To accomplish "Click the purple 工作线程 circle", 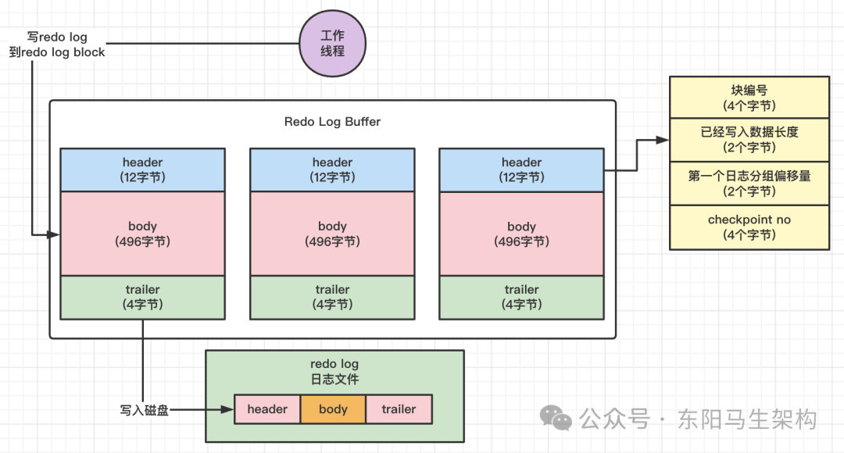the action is pos(333,44).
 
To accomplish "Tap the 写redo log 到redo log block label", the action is pos(57,45).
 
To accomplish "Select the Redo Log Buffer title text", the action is pos(332,122).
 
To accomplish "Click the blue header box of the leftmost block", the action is pos(143,170).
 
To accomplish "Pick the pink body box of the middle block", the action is pos(332,234).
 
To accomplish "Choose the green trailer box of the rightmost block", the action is pos(521,298).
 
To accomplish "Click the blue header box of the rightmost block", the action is pos(521,170).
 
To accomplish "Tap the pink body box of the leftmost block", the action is pos(143,234).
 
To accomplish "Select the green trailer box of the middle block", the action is pos(332,298).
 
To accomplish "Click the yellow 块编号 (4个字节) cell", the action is pos(749,98).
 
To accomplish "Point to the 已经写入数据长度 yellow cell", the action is pos(749,140).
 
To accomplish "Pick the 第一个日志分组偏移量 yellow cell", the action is pos(749,184).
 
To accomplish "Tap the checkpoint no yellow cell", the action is pos(749,227).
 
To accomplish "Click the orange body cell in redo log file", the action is pos(333,409).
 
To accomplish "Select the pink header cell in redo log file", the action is pos(267,409).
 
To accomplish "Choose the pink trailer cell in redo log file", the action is pos(399,409).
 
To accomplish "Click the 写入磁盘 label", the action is pos(145,411).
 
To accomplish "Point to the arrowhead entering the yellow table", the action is pos(663,141).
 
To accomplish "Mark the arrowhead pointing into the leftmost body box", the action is pos(53,234).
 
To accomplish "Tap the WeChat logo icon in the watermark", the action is pos(556,418).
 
